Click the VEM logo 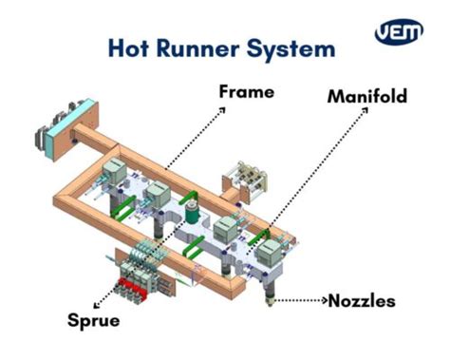(398, 31)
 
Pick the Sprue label (94, 320)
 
